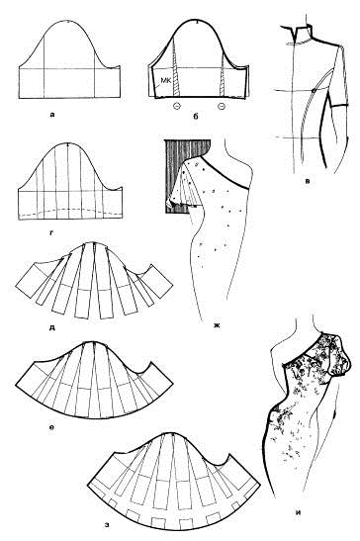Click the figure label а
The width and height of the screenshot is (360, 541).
pos(51,116)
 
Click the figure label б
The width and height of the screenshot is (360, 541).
pos(196,117)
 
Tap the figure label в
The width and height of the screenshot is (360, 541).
pos(307,180)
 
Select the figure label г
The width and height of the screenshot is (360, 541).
pos(51,232)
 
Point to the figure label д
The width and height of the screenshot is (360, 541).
pos(52,326)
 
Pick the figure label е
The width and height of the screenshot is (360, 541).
pos(51,429)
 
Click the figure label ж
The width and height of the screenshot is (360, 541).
pos(217,324)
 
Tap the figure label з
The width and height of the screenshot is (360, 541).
pos(108,525)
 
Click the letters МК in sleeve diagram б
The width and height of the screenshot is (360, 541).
pos(165,80)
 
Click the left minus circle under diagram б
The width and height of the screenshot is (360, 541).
pos(176,106)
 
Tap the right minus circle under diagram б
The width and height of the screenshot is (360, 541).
pos(222,106)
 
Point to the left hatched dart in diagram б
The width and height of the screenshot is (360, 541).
pos(176,71)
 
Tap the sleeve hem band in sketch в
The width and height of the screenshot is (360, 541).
pos(339,105)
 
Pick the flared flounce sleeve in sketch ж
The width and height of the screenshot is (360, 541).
pos(185,185)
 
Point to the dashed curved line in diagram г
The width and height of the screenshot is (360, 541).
pos(70,210)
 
